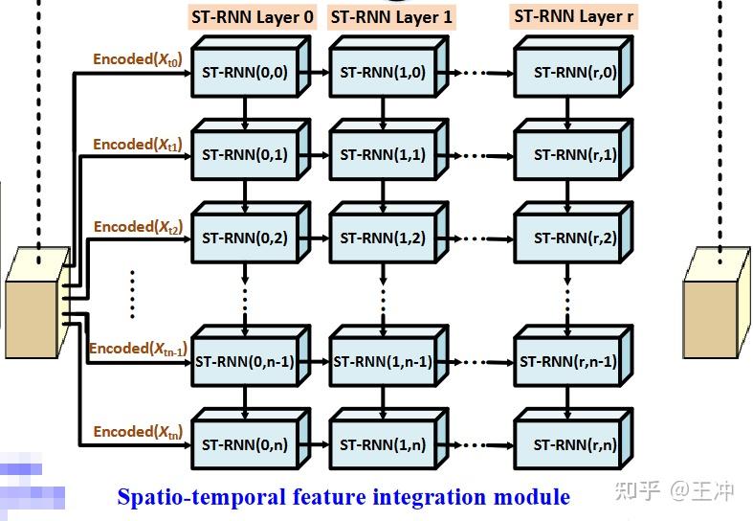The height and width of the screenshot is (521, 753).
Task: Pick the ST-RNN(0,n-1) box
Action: (x=245, y=362)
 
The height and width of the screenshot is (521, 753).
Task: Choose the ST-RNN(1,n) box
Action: (x=383, y=444)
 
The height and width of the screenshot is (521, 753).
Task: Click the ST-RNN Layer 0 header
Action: (x=252, y=16)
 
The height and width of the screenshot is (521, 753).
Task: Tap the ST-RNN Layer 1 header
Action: (x=390, y=16)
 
